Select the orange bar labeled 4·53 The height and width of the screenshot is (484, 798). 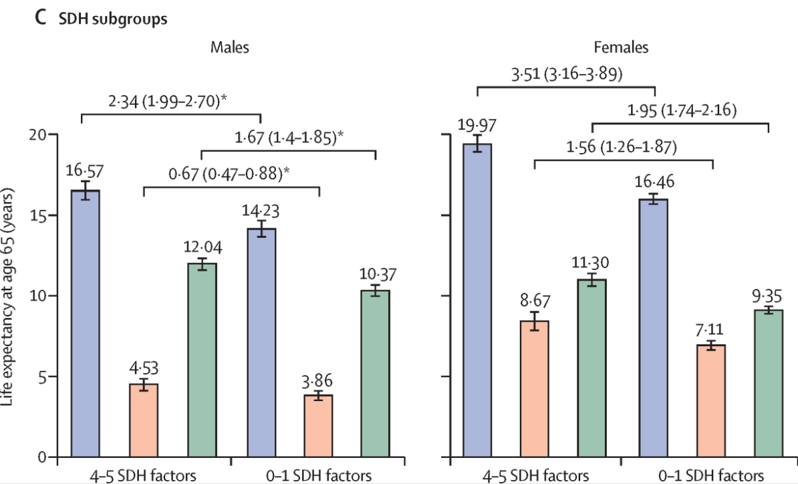(x=144, y=420)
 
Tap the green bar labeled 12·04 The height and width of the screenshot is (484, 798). (x=202, y=360)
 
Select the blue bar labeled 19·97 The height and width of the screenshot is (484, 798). (x=477, y=301)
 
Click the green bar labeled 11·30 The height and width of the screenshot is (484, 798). (x=592, y=368)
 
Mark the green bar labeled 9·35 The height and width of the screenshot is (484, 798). (x=769, y=384)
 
